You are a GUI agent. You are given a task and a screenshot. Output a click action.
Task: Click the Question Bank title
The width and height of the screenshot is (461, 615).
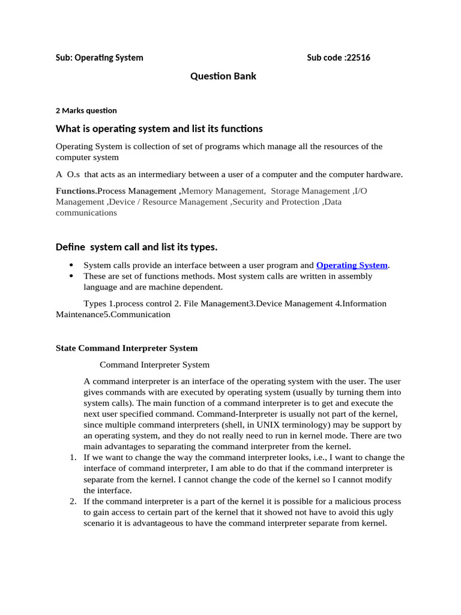click(223, 76)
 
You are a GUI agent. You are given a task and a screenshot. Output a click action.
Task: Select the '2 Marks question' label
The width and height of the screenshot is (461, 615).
click(86, 111)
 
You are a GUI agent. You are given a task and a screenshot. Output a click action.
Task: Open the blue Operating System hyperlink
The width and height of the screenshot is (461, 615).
click(352, 265)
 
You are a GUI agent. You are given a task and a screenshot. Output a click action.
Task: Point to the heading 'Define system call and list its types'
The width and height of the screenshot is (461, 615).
click(136, 247)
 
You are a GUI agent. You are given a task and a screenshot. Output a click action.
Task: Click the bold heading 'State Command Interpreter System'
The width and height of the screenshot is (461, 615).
click(126, 348)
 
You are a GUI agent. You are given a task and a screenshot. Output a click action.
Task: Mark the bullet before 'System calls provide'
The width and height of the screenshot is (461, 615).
click(71, 265)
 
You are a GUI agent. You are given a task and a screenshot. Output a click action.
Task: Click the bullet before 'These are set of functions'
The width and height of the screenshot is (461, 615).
click(71, 276)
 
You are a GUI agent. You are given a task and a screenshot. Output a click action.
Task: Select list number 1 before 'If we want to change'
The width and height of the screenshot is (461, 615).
click(72, 457)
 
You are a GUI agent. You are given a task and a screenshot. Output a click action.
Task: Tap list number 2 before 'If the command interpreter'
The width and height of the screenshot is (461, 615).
click(72, 501)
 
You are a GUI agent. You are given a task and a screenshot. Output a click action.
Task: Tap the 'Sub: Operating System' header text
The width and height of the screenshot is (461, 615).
click(100, 58)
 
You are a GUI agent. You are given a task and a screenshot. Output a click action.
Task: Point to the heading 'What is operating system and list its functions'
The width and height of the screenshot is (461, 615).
click(159, 129)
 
